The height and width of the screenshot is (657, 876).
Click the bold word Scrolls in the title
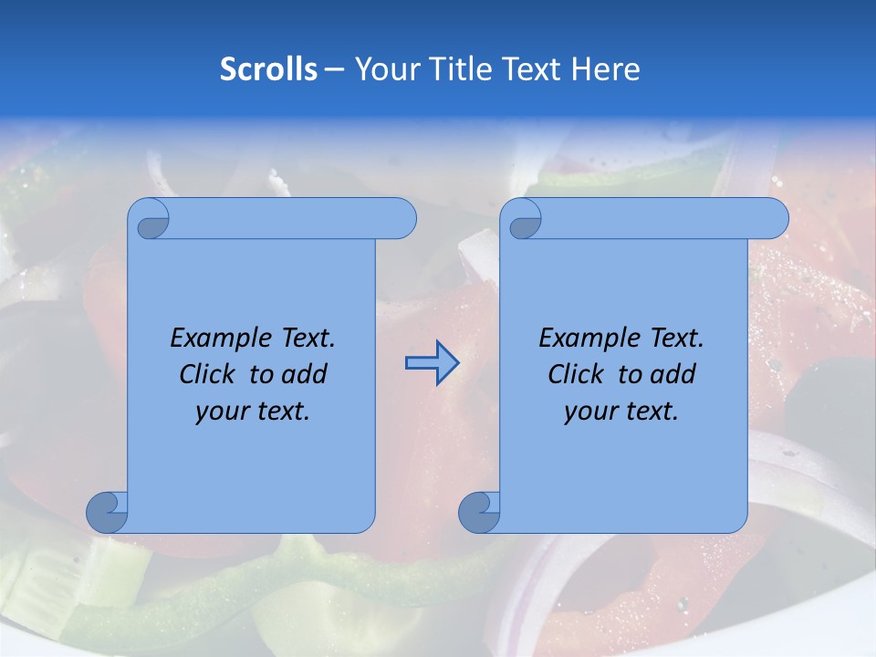268,69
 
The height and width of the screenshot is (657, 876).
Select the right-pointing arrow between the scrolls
432,363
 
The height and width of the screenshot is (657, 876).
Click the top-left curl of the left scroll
150,220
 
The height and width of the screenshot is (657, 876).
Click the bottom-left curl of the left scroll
108,512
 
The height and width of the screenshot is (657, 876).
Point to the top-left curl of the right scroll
523,220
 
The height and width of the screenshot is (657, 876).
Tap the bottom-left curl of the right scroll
479,512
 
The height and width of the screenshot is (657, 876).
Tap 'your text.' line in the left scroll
253,412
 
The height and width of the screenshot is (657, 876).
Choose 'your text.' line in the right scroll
621,412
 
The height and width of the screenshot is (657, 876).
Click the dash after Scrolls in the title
334,69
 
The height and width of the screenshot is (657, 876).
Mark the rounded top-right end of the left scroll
401,219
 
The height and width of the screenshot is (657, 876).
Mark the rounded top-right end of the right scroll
774,219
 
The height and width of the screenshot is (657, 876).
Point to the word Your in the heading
384,69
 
